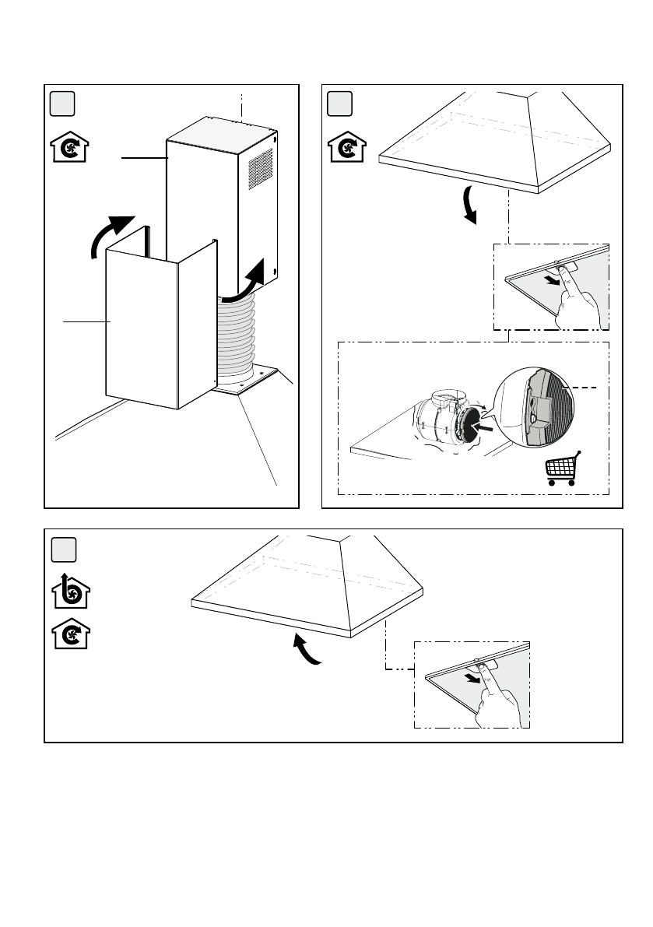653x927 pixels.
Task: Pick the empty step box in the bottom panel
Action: pyautogui.click(x=63, y=550)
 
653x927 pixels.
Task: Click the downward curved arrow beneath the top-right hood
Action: pyautogui.click(x=469, y=205)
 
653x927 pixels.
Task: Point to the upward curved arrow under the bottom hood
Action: pyautogui.click(x=307, y=650)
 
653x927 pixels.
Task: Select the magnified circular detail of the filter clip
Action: pyautogui.click(x=535, y=409)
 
